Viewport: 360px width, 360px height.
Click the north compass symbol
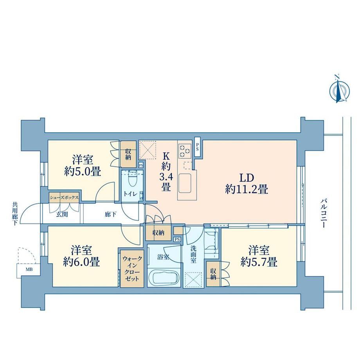[x=340, y=89]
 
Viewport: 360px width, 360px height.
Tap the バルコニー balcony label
[x=324, y=214]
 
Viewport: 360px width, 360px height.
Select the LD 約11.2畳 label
[x=247, y=184]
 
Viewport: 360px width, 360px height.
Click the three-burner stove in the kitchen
[x=185, y=151]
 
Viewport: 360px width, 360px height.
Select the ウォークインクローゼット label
[x=132, y=268]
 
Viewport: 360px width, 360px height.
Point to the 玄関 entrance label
[x=62, y=214]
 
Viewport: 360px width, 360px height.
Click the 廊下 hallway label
[x=110, y=214]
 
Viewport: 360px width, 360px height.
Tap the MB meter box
[x=29, y=270]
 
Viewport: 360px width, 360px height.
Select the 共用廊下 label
[x=15, y=214]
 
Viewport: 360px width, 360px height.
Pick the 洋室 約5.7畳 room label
[x=259, y=256]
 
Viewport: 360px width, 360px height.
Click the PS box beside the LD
[x=198, y=147]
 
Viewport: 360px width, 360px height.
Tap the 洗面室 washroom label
[x=193, y=254]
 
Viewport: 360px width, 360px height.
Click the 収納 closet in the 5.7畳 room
[x=213, y=274]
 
